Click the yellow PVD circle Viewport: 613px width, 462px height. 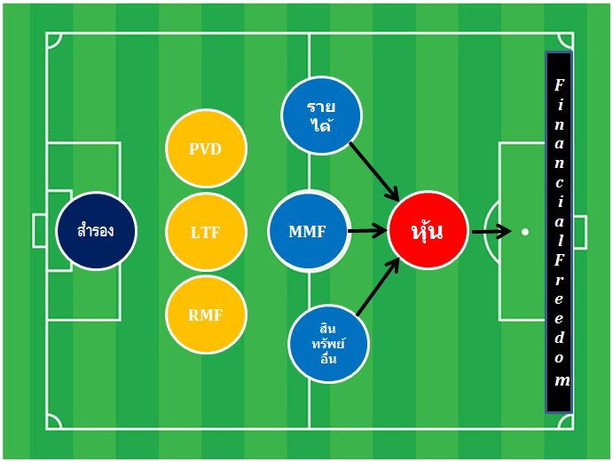(x=206, y=148)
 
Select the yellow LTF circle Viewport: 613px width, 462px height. (x=206, y=232)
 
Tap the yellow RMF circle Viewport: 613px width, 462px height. (x=206, y=315)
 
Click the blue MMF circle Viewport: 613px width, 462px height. (x=309, y=231)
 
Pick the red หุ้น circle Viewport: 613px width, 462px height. (x=428, y=230)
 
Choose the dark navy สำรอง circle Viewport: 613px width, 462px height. (x=96, y=231)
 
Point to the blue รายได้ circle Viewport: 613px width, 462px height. (x=321, y=115)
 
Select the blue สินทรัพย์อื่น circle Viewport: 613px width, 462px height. (x=328, y=344)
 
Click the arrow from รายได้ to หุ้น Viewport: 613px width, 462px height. (x=373, y=171)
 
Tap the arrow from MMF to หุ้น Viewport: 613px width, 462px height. (x=367, y=231)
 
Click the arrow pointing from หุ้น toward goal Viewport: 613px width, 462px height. (x=491, y=231)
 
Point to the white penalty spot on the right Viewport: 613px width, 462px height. (x=525, y=232)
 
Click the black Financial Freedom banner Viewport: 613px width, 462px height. (x=559, y=232)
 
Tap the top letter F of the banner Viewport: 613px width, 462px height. (x=560, y=84)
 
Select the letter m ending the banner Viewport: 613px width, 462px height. (x=562, y=380)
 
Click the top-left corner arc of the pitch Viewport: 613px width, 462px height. (x=54, y=41)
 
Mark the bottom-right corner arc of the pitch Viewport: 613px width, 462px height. (x=565, y=421)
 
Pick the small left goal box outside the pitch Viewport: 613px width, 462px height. (x=39, y=231)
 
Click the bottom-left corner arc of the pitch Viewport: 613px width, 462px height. (x=54, y=421)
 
